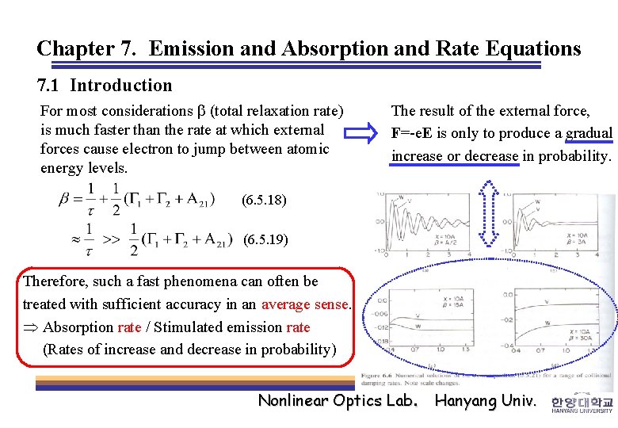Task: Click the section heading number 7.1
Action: [x=51, y=86]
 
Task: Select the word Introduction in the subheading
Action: [x=121, y=86]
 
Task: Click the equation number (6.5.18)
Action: [x=265, y=201]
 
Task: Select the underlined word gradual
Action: [x=589, y=133]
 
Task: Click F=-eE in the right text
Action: [x=416, y=133]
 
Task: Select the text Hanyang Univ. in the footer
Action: [x=486, y=400]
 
